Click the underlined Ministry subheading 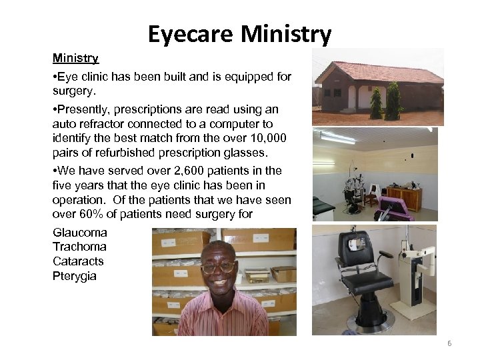[75, 59]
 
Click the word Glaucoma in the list [79, 233]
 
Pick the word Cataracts [78, 261]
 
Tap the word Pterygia [75, 275]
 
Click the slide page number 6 [449, 343]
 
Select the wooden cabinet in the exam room [405, 198]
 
